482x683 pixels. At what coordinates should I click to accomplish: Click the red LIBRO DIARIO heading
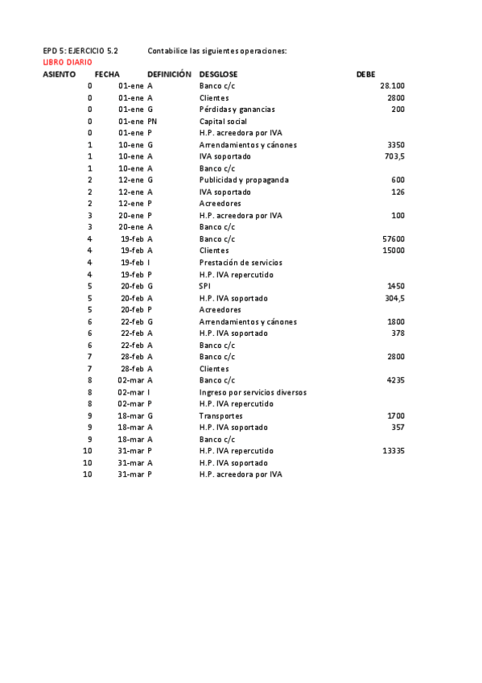(67, 62)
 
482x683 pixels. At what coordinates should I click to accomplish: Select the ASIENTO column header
(59, 74)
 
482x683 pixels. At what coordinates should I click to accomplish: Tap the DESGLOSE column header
(218, 74)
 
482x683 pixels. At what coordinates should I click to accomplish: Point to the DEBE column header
(365, 74)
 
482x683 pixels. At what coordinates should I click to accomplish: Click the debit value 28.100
(392, 85)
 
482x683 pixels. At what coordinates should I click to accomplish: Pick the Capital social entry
(223, 121)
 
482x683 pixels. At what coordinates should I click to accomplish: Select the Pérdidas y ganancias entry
(237, 110)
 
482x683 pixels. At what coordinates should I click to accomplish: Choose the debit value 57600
(393, 239)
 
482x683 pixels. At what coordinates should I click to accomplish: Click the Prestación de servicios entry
(241, 263)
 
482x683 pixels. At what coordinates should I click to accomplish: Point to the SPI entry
(204, 286)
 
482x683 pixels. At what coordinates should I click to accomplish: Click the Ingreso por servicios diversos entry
(253, 392)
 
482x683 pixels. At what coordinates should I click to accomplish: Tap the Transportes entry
(220, 416)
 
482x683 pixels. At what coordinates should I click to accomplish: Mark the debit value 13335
(393, 451)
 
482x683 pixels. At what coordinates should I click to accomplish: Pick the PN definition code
(152, 121)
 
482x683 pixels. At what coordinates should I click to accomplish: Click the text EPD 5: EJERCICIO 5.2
(80, 51)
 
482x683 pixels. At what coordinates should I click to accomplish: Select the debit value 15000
(393, 250)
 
